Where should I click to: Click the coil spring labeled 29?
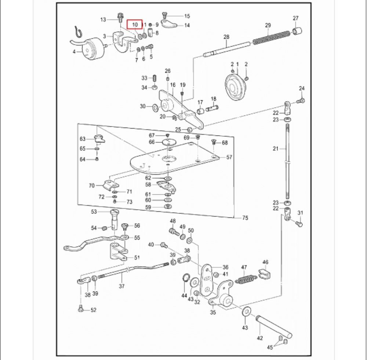(x=272, y=37)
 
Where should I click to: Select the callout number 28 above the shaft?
(x=226, y=37)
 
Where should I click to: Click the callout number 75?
(x=245, y=218)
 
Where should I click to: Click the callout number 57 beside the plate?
(x=229, y=157)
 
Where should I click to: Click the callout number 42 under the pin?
(x=260, y=338)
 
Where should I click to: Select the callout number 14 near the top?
(x=187, y=25)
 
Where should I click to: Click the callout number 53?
(x=94, y=212)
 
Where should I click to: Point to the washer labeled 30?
(x=155, y=107)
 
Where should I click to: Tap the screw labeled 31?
(x=298, y=222)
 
